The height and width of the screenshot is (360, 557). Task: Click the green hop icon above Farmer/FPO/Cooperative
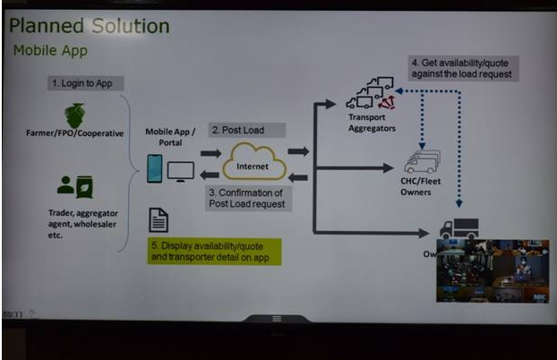pos(74,116)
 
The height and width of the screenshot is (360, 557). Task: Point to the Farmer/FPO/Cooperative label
pos(74,134)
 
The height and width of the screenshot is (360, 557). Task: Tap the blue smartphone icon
pos(155,168)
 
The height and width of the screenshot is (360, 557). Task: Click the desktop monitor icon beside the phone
pos(181,169)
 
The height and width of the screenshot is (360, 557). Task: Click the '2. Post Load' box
pos(236,130)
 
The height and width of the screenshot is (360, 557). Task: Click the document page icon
pos(159,220)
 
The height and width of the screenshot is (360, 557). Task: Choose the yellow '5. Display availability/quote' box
pos(214,251)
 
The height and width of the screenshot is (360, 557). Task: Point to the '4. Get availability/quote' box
pos(459,68)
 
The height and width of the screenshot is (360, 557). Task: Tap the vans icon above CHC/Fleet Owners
pos(421,162)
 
